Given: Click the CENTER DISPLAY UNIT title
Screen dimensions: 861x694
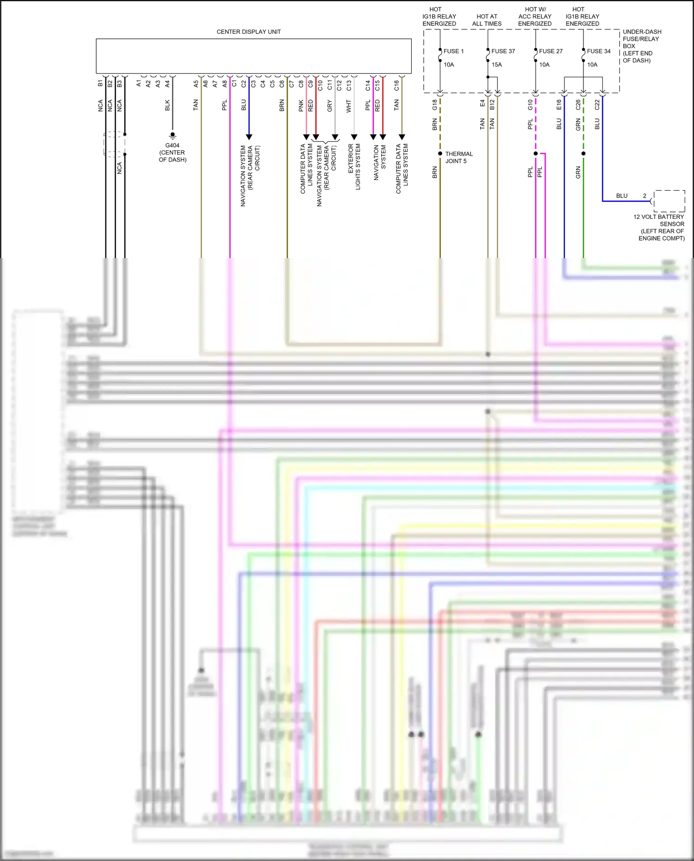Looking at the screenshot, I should pyautogui.click(x=248, y=32).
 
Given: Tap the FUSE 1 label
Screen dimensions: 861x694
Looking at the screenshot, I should pyautogui.click(x=453, y=51).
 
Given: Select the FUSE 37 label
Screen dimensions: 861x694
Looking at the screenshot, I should pyautogui.click(x=503, y=51).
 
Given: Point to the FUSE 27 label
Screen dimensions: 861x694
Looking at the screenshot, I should pyautogui.click(x=551, y=51).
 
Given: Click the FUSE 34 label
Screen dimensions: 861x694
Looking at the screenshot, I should pyautogui.click(x=599, y=51).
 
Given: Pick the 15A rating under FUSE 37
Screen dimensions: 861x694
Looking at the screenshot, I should pyautogui.click(x=496, y=65).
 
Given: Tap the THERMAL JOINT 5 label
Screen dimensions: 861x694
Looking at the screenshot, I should pyautogui.click(x=459, y=157).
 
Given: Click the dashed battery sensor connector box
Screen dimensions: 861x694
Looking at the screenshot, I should pyautogui.click(x=669, y=201).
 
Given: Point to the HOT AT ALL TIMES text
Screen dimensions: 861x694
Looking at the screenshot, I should pyautogui.click(x=487, y=20).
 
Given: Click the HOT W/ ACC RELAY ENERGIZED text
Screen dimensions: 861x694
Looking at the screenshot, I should pyautogui.click(x=535, y=16).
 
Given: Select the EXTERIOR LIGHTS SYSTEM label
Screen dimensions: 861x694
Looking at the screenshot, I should pyautogui.click(x=354, y=167).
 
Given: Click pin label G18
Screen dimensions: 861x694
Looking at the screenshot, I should pyautogui.click(x=434, y=105).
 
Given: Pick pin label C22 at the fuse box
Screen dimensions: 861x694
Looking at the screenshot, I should pyautogui.click(x=597, y=105).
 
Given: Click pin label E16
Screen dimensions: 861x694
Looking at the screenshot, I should pyautogui.click(x=559, y=105).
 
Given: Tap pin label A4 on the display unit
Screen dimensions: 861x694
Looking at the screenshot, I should pyautogui.click(x=167, y=84).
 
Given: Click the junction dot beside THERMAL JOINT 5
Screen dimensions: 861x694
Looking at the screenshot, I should pyautogui.click(x=440, y=154).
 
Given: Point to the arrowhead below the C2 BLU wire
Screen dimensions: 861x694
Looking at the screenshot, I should pyautogui.click(x=249, y=137).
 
